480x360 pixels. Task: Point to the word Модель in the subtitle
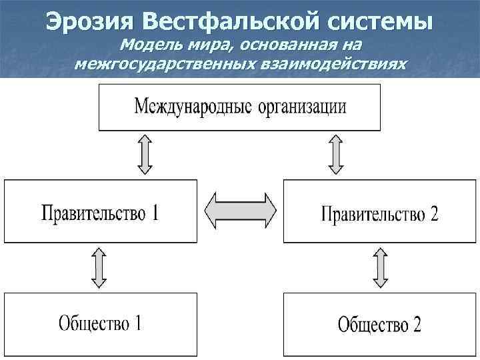click(x=147, y=47)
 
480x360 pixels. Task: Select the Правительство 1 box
click(x=101, y=211)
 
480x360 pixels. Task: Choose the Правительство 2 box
click(x=379, y=211)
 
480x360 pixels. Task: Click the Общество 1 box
click(x=101, y=325)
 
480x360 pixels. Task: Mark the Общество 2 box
click(x=379, y=325)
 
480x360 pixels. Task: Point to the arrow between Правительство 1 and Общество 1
click(x=99, y=267)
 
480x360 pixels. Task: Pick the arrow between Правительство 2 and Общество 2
click(x=381, y=267)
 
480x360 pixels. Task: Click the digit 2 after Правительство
click(x=434, y=215)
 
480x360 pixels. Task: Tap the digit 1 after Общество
click(x=137, y=323)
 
